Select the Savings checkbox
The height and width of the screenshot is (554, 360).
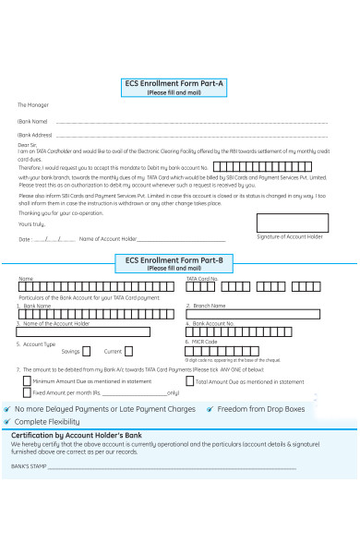click(86, 351)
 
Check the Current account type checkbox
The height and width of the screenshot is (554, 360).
click(128, 351)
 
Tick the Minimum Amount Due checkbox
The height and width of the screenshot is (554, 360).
click(26, 380)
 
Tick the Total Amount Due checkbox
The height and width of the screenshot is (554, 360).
click(189, 380)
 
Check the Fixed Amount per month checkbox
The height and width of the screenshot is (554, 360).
click(26, 392)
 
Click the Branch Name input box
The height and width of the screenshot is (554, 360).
click(254, 314)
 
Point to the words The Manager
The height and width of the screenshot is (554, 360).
click(33, 105)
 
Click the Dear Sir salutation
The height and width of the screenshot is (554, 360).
click(28, 145)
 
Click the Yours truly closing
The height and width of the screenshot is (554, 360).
click(31, 223)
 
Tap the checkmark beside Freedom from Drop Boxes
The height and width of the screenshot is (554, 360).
click(210, 408)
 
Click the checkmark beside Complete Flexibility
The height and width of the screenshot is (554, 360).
click(7, 421)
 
